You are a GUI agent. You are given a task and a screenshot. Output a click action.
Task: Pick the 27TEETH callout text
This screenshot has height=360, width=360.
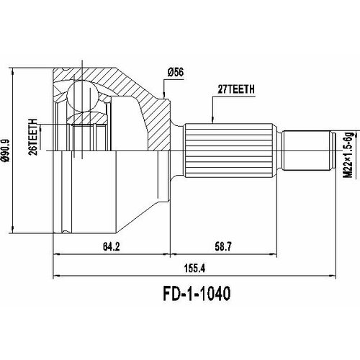228,91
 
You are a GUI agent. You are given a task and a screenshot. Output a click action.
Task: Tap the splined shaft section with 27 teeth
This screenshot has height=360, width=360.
229,153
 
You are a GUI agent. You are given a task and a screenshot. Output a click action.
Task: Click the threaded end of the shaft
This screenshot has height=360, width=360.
307,153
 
